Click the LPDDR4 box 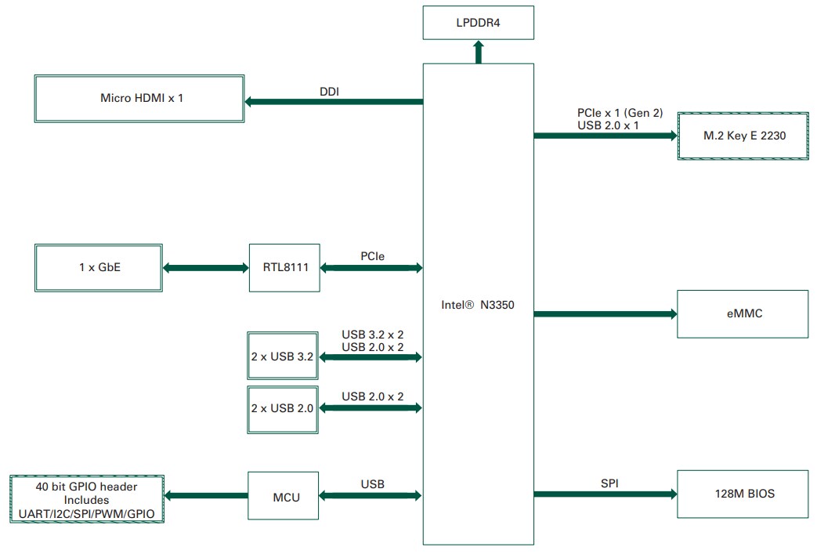[x=478, y=23]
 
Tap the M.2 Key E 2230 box [x=742, y=136]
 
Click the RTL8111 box [x=284, y=268]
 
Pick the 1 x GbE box [x=99, y=268]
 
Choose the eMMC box [x=742, y=313]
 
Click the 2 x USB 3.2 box [x=283, y=357]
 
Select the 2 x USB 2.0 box [x=283, y=408]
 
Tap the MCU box [x=284, y=496]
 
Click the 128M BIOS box [x=742, y=494]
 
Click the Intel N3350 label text [x=477, y=305]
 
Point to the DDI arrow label [x=329, y=92]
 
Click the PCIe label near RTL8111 [x=372, y=256]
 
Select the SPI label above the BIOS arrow [x=609, y=483]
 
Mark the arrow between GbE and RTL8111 [x=205, y=268]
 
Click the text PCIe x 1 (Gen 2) [x=619, y=113]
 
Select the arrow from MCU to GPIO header [x=206, y=495]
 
